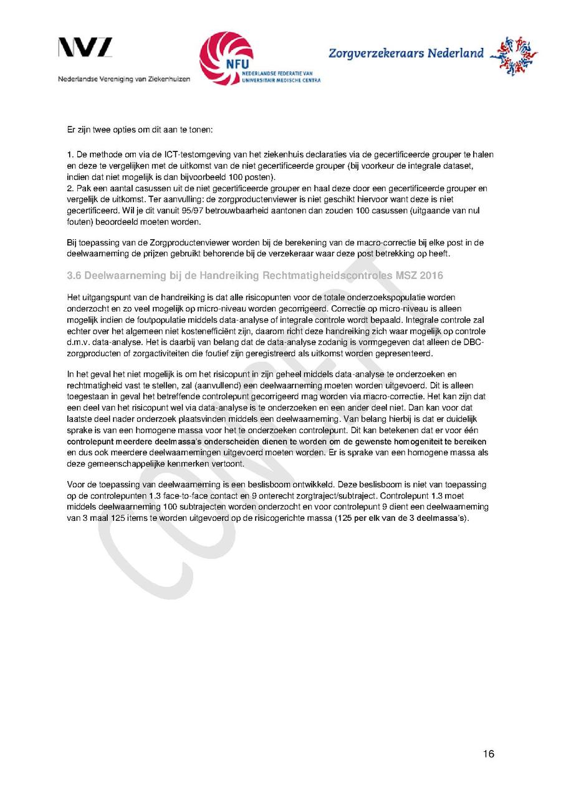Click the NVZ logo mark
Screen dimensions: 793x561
click(85, 48)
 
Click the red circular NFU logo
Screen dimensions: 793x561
click(226, 58)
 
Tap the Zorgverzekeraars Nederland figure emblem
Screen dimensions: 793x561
click(514, 55)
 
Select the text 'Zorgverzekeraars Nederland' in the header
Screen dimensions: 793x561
click(406, 54)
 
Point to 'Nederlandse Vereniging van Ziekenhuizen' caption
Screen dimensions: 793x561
click(124, 79)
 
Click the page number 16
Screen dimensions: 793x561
click(489, 754)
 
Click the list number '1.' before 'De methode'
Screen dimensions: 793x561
click(70, 154)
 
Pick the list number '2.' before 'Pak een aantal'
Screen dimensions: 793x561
click(70, 188)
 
